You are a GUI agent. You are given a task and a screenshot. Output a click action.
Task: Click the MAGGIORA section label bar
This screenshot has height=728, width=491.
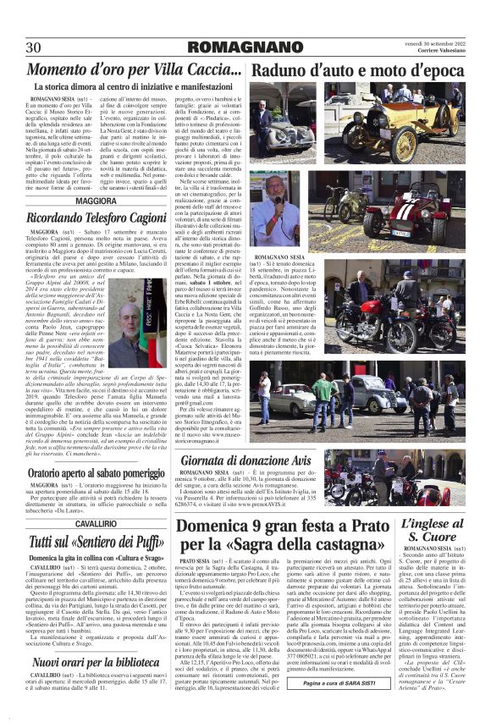pyautogui.click(x=97, y=201)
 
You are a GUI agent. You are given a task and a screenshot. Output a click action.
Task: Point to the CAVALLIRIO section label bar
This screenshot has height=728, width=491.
pyautogui.click(x=97, y=525)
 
